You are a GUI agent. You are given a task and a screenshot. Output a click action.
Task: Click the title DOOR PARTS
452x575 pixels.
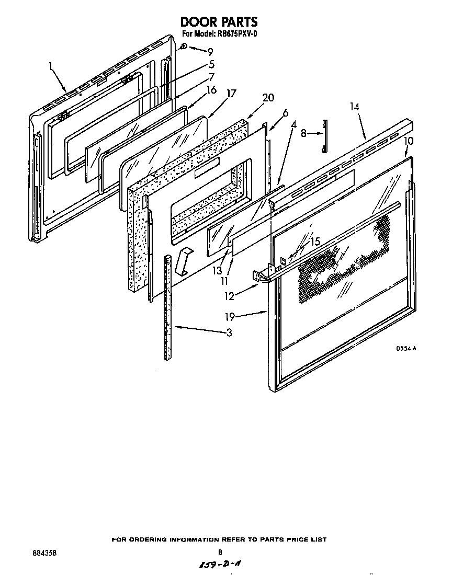(219, 22)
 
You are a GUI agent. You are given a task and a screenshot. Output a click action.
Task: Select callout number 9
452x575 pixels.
(210, 51)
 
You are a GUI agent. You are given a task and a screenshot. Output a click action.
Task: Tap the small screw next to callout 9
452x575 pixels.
(184, 47)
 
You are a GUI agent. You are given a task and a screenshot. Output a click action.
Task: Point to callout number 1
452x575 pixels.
(51, 66)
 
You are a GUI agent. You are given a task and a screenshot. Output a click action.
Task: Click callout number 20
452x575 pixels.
(268, 98)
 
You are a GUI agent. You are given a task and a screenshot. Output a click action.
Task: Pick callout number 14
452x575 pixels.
(355, 107)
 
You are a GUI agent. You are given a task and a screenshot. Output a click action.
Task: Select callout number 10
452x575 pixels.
(409, 141)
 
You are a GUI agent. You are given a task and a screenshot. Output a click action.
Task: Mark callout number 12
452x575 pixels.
(229, 296)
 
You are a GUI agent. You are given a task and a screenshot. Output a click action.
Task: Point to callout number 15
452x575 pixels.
(315, 241)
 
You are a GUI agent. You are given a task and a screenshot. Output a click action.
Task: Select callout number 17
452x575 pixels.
(231, 94)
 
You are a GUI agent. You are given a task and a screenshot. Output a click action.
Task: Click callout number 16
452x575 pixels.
(211, 90)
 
